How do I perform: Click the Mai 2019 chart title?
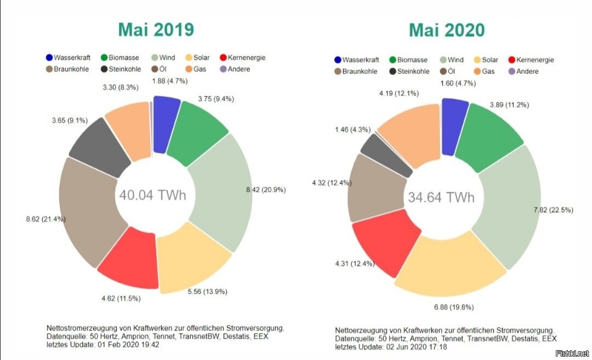click(x=156, y=29)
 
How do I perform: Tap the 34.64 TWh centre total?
click(x=441, y=197)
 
